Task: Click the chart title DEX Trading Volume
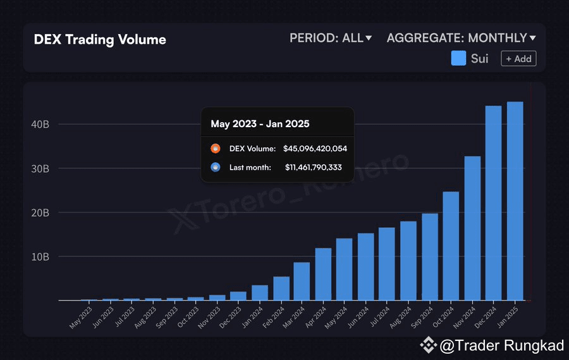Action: (x=100, y=40)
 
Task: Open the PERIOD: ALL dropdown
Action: (x=331, y=38)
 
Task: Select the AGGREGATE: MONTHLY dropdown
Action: (x=461, y=38)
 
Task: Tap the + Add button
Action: (x=518, y=59)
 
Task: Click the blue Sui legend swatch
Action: (x=458, y=59)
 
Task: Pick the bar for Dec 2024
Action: (x=493, y=203)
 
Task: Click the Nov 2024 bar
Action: (x=472, y=228)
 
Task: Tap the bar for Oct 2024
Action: (x=451, y=246)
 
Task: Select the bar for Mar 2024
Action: (x=302, y=281)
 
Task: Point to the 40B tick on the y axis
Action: (x=40, y=125)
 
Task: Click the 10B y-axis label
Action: (x=40, y=257)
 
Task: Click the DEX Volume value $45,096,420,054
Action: (x=315, y=149)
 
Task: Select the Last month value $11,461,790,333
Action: (x=313, y=168)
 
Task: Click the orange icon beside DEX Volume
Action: (x=216, y=149)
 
